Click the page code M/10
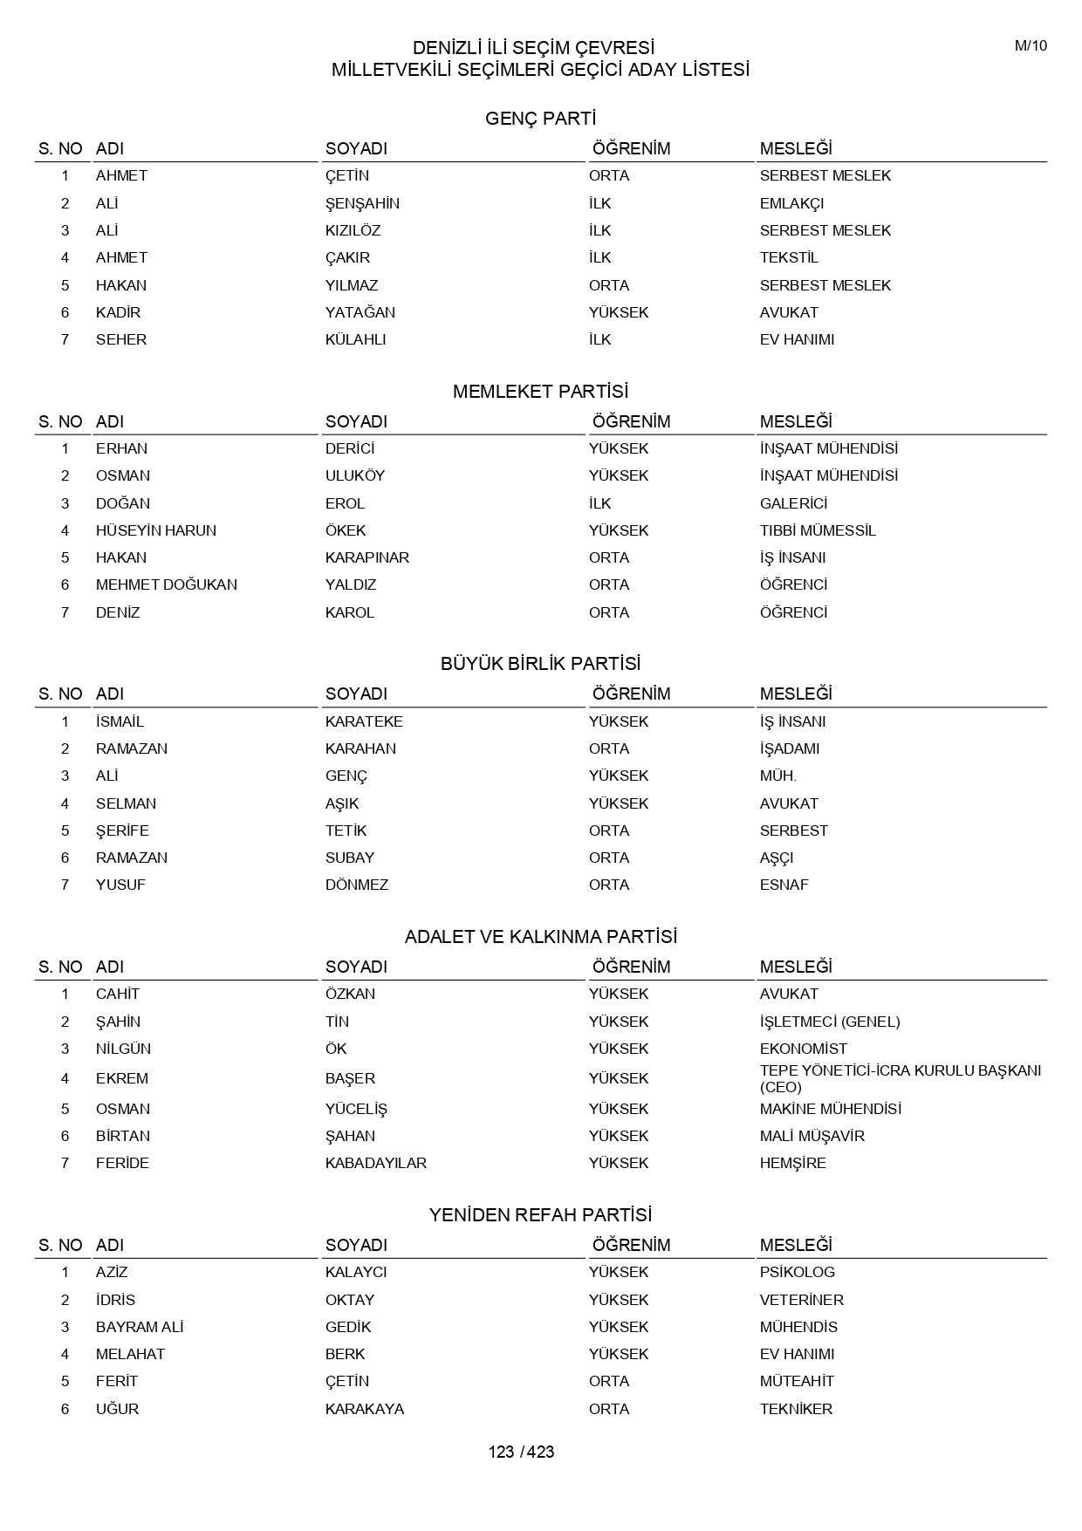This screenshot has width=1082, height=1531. [x=1031, y=46]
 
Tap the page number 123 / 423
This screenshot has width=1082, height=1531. [x=521, y=1452]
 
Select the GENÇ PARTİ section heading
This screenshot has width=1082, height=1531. [x=540, y=119]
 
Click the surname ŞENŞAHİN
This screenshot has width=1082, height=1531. [x=362, y=203]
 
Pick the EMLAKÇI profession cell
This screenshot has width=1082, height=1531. [x=791, y=203]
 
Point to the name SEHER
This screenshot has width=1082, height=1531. [x=121, y=339]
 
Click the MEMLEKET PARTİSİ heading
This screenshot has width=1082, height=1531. [x=540, y=392]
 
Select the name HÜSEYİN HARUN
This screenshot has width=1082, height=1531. [x=156, y=530]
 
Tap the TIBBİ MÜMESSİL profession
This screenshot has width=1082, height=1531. [x=818, y=530]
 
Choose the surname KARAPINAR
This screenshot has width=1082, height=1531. [x=367, y=557]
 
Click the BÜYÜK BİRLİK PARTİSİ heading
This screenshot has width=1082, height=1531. [x=540, y=664]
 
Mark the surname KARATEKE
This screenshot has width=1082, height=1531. [x=364, y=721]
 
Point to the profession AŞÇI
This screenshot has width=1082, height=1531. [x=777, y=858]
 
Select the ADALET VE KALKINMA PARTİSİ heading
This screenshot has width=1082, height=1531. [x=540, y=937]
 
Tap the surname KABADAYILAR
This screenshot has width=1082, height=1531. [x=376, y=1163]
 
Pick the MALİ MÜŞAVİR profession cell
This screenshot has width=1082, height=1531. [x=812, y=1136]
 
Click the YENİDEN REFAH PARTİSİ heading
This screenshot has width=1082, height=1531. [x=540, y=1215]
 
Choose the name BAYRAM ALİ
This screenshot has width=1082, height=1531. [x=140, y=1327]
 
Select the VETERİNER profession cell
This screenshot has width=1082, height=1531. [x=802, y=1300]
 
